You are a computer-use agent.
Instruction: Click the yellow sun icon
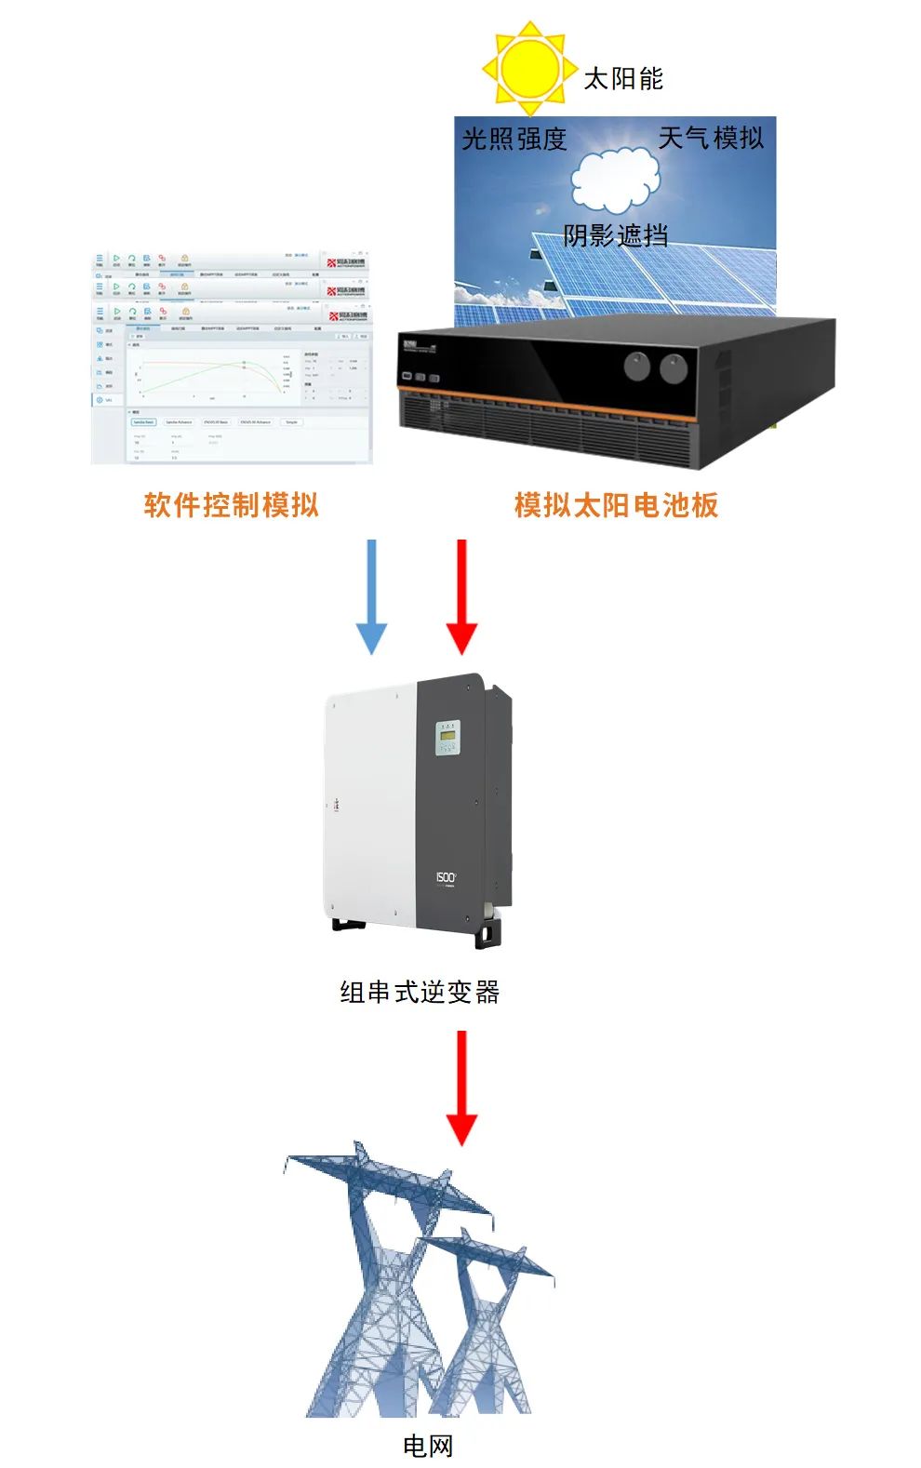coord(527,67)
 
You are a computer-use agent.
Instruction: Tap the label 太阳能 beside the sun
coord(623,79)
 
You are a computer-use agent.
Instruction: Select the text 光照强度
coord(514,140)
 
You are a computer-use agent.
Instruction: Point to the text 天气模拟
coord(711,139)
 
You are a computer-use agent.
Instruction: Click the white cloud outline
coord(615,180)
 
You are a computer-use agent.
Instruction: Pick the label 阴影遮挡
coord(615,235)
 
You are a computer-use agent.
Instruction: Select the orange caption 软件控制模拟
coord(232,505)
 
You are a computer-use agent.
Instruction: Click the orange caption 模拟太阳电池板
coord(616,505)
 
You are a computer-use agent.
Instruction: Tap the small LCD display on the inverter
coord(448,739)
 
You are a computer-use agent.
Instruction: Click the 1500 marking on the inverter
coord(447,877)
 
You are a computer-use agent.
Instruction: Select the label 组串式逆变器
coord(420,993)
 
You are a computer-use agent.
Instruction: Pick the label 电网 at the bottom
coord(428,1445)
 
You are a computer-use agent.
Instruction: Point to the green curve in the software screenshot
coord(186,373)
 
